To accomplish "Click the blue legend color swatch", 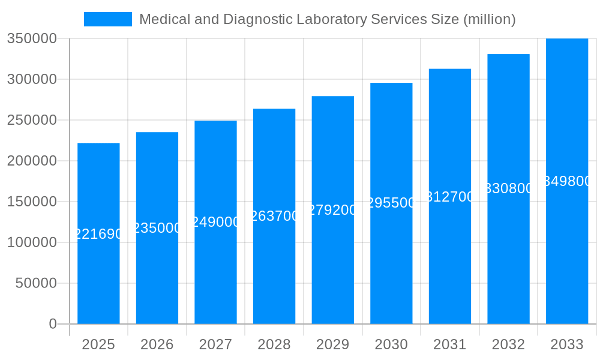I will click(x=108, y=19).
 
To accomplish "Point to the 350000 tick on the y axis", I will click(x=31, y=38).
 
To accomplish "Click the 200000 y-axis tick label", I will click(x=31, y=161).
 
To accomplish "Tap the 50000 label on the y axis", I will click(x=35, y=283).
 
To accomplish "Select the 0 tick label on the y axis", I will click(x=52, y=324).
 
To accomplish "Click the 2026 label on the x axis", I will click(x=157, y=344).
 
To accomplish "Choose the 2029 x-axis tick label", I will click(x=333, y=344).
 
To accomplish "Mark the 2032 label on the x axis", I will click(x=508, y=344).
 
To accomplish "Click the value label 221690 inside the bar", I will click(x=98, y=234).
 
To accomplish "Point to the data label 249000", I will click(x=215, y=222).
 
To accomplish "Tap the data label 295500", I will click(x=391, y=203).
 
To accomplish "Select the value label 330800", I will click(x=508, y=188).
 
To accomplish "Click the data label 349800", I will click(x=567, y=181).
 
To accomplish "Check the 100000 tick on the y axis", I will click(x=31, y=242).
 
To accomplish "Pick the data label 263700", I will click(x=274, y=216).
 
